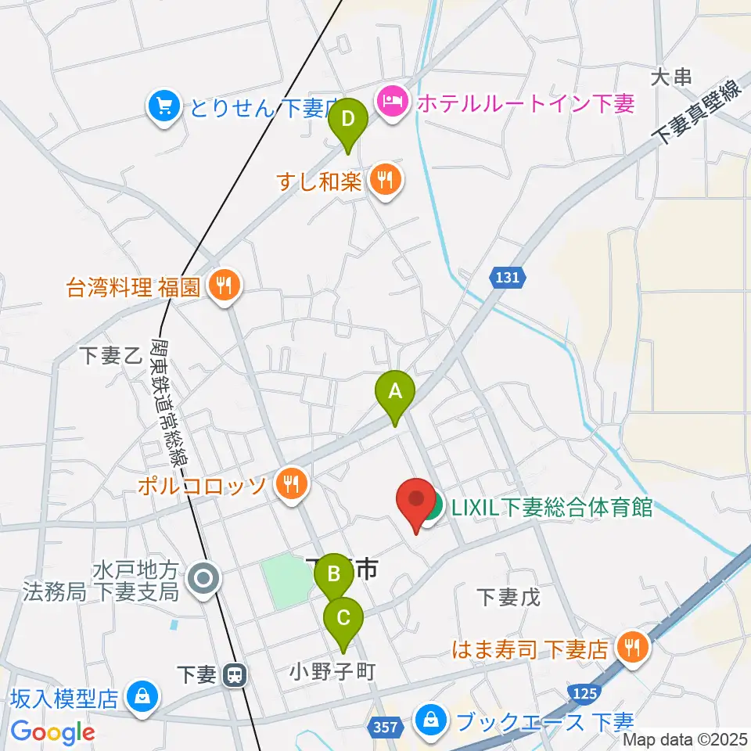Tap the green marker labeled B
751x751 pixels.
[334, 575]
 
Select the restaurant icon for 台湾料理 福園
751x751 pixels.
[225, 286]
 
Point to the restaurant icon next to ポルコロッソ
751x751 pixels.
[290, 486]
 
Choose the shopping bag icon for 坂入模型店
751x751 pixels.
[142, 695]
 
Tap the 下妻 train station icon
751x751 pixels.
[232, 675]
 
